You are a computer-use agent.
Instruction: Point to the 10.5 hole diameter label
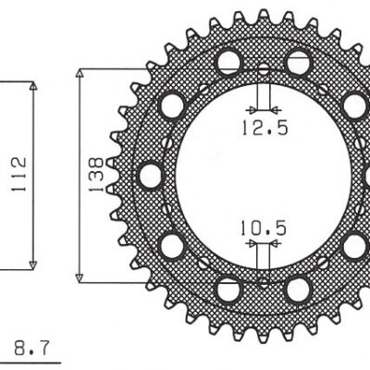point(263,225)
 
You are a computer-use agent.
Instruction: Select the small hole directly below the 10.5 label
point(263,280)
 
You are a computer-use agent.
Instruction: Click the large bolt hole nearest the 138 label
point(146,173)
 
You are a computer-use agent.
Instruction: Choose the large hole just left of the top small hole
point(228,62)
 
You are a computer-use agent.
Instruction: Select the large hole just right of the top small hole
point(297,62)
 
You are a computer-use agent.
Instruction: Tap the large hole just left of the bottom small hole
point(228,289)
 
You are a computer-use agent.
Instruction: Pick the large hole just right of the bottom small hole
point(297,289)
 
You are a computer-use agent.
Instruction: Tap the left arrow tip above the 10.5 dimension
point(256,244)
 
